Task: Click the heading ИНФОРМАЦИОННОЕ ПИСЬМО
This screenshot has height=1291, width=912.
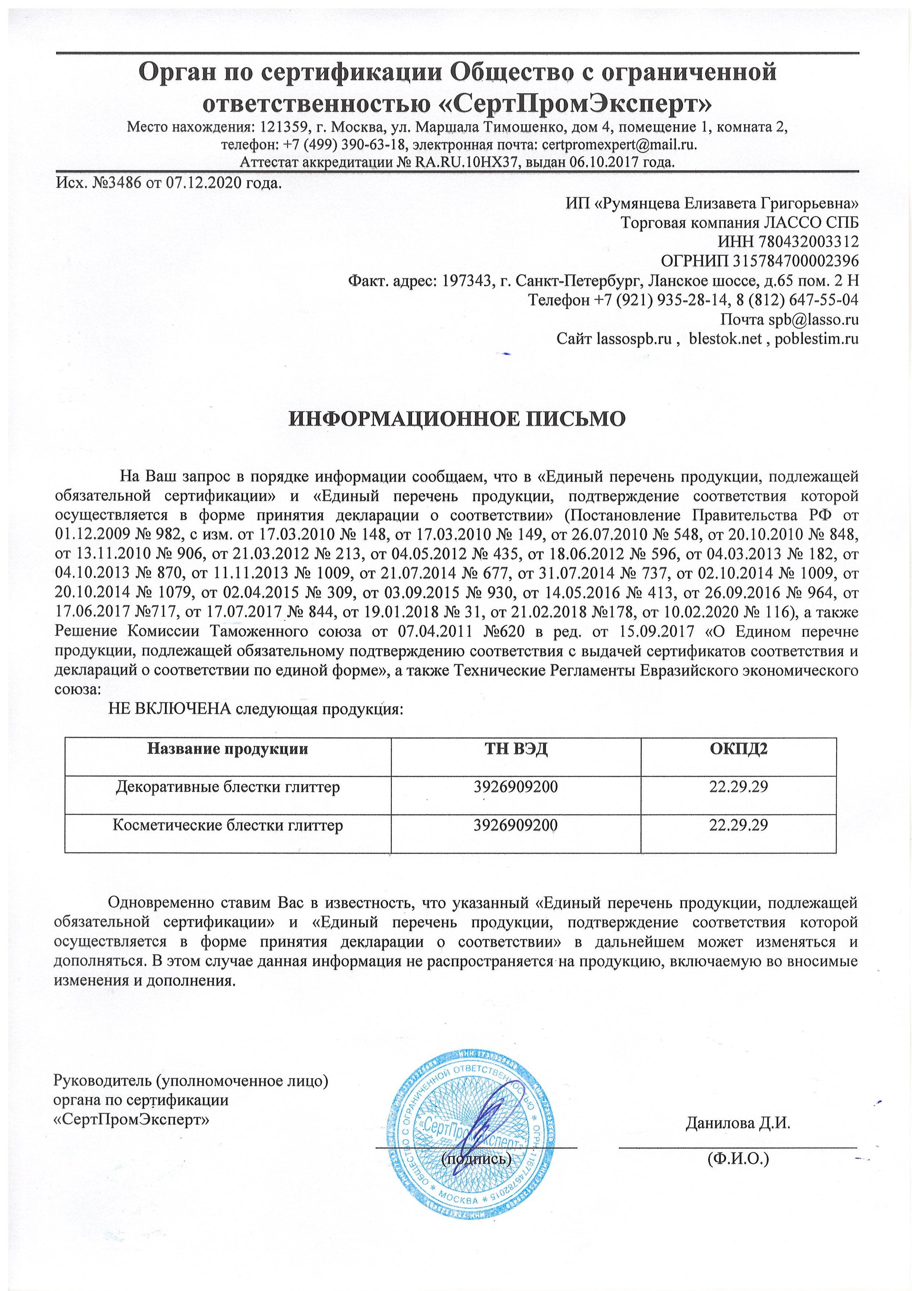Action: pyautogui.click(x=456, y=420)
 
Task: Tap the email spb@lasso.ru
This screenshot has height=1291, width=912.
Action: pyautogui.click(x=813, y=319)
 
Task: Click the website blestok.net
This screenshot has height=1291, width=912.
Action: pyautogui.click(x=726, y=339)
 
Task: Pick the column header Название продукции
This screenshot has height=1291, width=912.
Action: pyautogui.click(x=228, y=749)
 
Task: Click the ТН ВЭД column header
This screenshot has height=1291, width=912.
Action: pyautogui.click(x=515, y=749)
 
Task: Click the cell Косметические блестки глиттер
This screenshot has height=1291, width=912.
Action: pyautogui.click(x=228, y=825)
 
